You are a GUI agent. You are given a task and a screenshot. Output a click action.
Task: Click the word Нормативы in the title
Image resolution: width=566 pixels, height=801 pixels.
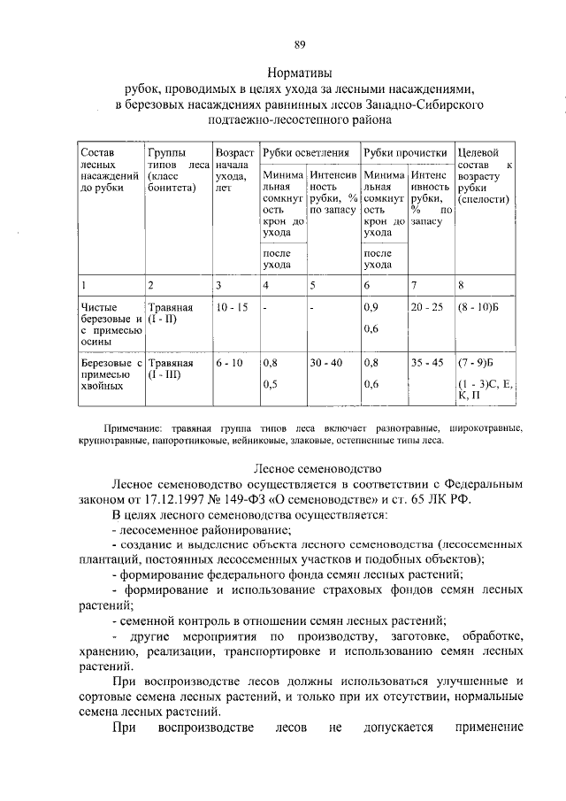coord(300,73)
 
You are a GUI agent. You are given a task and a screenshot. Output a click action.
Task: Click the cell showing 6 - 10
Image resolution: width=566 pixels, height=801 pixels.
coord(228,362)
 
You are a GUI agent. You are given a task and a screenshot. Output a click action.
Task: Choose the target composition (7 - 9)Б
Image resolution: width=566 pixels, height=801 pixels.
coord(477,362)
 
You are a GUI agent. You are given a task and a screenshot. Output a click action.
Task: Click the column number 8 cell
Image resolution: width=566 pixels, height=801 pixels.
coord(461,285)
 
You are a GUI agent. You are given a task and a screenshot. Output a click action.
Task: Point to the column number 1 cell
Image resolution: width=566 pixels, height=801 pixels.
coord(83,285)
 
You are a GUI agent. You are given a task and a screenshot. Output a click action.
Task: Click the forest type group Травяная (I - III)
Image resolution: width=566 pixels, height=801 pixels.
coord(171,368)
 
